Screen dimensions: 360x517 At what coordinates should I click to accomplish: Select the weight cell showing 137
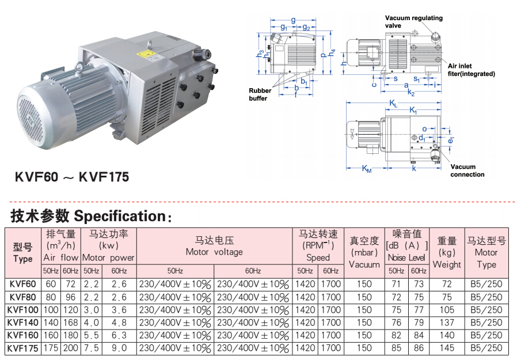447,323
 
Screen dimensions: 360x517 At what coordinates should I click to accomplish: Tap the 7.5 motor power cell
90,348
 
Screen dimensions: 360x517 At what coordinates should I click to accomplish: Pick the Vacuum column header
364,252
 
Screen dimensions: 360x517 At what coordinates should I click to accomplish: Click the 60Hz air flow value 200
71,348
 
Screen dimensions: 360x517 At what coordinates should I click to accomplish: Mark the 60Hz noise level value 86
419,348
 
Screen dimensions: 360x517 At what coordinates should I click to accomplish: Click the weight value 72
447,285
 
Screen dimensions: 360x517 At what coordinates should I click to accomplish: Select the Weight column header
447,252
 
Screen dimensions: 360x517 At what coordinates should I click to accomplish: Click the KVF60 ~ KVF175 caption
72,177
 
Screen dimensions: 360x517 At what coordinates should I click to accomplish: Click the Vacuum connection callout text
467,170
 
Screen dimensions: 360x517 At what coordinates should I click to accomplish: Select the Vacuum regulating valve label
413,21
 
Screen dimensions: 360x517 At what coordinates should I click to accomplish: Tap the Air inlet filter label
471,70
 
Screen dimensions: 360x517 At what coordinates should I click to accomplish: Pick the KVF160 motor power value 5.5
90,335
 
